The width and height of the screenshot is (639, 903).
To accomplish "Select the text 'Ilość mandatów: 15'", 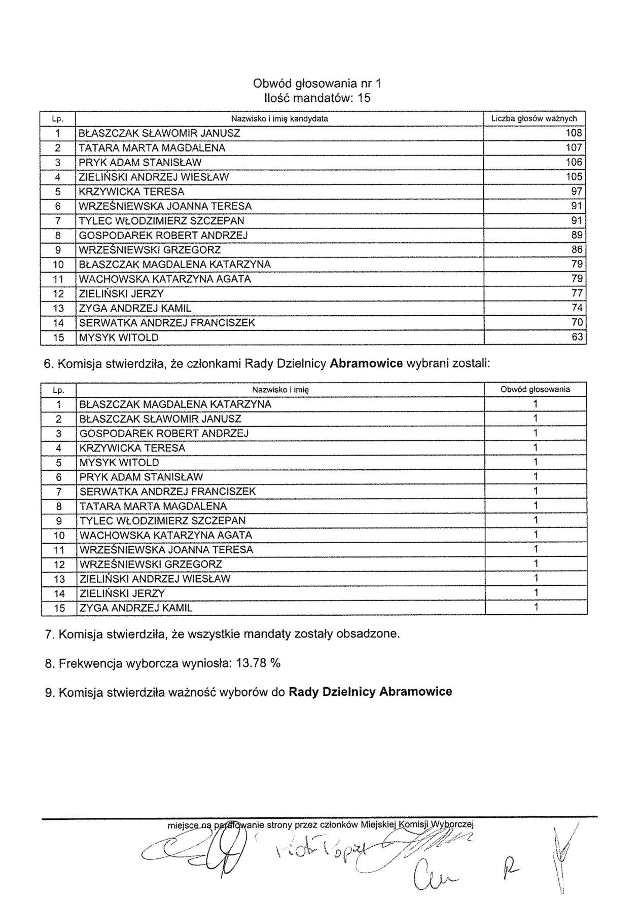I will tap(317, 98).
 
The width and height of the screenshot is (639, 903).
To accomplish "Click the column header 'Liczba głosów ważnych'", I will tap(534, 119).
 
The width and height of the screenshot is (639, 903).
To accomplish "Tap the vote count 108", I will tap(574, 133).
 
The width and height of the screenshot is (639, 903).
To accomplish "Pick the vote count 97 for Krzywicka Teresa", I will tap(577, 192).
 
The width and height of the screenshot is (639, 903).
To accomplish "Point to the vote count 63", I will tap(577, 337).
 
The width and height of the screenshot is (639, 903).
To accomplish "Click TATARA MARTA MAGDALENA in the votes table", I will tap(152, 148).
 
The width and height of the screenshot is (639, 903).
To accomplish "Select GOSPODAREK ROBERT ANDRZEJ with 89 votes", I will tap(163, 235).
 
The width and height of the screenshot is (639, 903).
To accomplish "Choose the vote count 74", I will tap(577, 308).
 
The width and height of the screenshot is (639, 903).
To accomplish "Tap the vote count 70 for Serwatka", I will tap(577, 322).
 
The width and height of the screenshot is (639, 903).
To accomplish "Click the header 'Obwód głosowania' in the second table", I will tap(535, 390).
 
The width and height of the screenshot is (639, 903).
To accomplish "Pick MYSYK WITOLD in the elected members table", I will tap(119, 463).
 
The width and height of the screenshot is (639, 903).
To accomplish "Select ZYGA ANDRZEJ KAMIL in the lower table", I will tap(136, 608).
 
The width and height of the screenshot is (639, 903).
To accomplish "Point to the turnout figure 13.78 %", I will tap(258, 663).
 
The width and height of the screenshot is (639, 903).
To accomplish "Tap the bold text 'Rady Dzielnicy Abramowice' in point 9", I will tap(370, 692).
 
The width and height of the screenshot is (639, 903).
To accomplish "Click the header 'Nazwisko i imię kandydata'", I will tap(279, 119).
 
